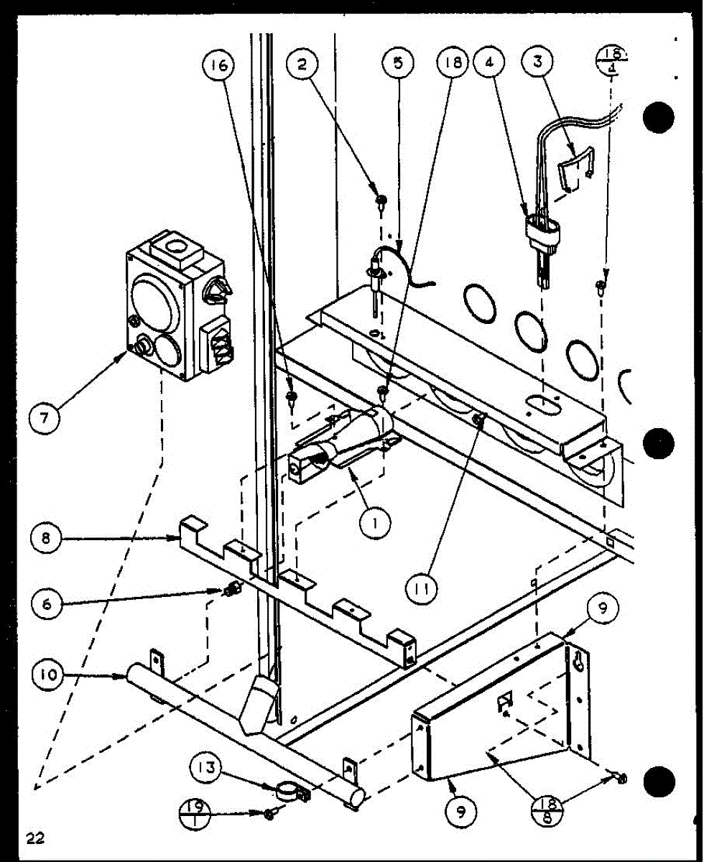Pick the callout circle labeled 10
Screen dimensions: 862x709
[x=47, y=675]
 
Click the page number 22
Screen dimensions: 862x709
[x=33, y=838]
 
